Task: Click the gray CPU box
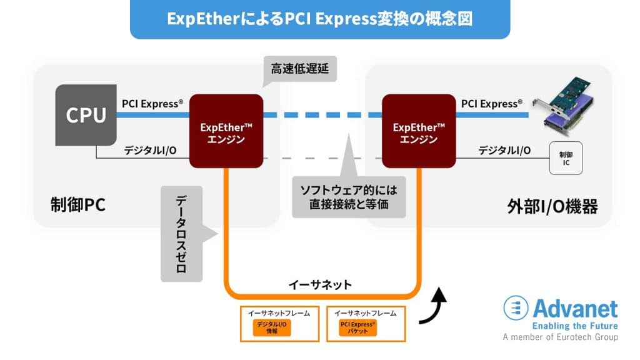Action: pyautogui.click(x=86, y=116)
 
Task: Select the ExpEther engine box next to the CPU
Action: pyautogui.click(x=226, y=131)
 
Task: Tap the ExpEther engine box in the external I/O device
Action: pyautogui.click(x=418, y=131)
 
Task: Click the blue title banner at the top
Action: pyautogui.click(x=319, y=19)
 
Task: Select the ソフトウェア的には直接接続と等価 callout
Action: pyautogui.click(x=348, y=196)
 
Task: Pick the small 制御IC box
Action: pyautogui.click(x=565, y=158)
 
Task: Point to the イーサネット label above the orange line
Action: pyautogui.click(x=320, y=284)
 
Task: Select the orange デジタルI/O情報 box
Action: pyautogui.click(x=272, y=328)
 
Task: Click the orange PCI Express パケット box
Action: pyautogui.click(x=358, y=328)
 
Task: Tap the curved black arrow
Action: pyautogui.click(x=434, y=307)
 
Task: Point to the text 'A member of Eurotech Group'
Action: pyautogui.click(x=560, y=337)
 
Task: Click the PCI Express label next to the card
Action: pyautogui.click(x=491, y=103)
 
